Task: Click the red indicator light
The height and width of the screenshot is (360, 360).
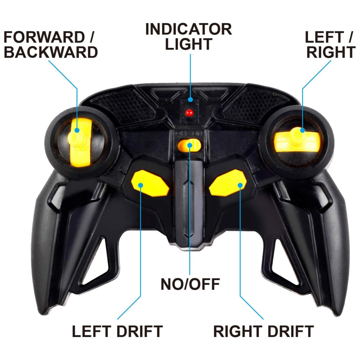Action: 189,113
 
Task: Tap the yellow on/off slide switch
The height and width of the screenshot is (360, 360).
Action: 189,145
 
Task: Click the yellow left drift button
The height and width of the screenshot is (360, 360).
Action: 150,183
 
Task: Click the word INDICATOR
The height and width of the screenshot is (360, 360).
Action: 189,29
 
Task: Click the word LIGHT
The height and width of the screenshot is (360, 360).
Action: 189,44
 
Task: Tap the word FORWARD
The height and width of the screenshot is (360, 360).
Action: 44,37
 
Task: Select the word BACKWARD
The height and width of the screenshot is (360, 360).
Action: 51,52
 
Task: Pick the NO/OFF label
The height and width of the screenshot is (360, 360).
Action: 190,284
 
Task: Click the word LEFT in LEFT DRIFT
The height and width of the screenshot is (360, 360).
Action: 92,331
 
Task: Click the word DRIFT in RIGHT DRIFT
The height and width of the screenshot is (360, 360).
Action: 291,331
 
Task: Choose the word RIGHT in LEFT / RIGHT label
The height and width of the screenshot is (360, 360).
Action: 331,52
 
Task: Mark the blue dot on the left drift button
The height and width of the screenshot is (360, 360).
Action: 140,185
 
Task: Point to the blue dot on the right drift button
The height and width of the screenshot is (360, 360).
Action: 240,185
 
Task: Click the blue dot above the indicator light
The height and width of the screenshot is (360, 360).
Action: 190,99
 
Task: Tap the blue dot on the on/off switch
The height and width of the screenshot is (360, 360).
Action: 190,145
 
